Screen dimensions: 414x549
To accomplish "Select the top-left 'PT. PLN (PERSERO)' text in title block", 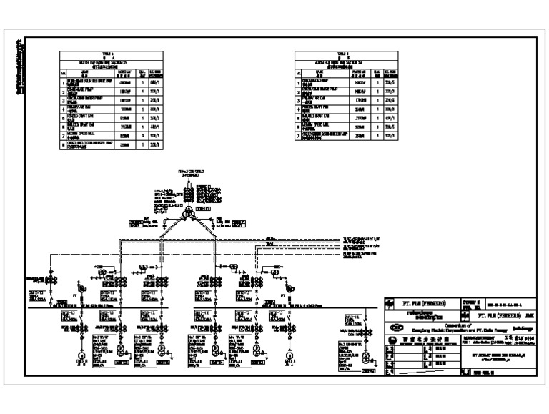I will pos(423,302).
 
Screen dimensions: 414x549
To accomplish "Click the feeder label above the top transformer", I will pos(190,173).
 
